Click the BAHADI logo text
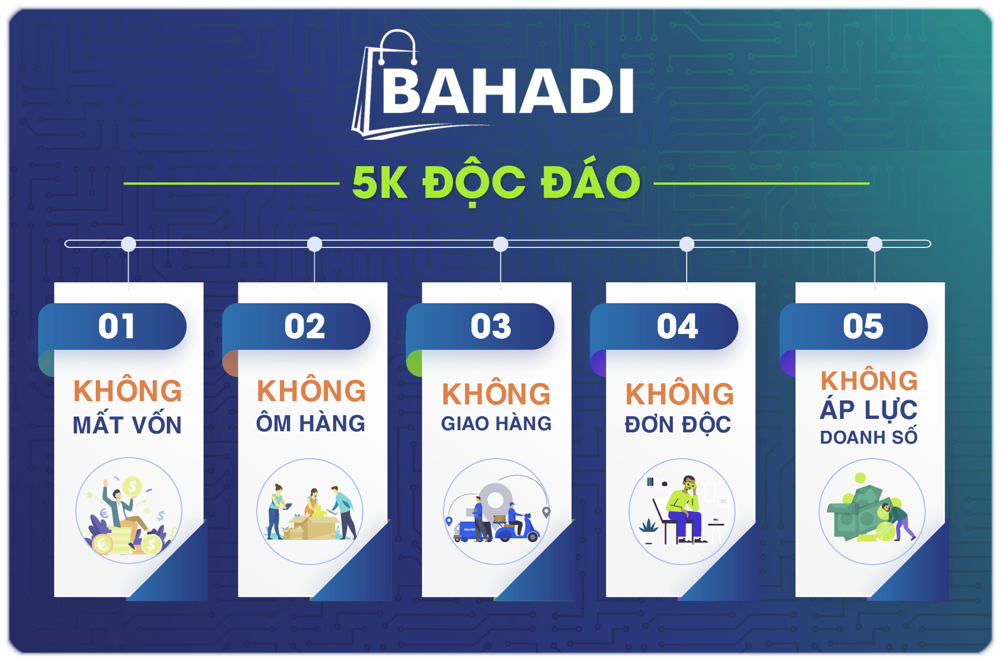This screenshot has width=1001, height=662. (x=507, y=91)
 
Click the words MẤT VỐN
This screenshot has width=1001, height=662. (x=128, y=424)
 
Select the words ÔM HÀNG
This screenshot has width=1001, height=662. (x=311, y=423)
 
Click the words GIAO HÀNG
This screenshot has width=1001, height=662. (x=496, y=424)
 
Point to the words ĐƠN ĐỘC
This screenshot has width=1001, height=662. (x=678, y=425)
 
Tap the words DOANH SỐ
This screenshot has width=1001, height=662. (x=869, y=436)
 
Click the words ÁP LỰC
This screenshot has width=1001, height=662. (x=869, y=410)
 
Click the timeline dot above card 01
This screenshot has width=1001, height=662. (x=129, y=244)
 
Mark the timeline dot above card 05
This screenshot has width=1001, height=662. (x=875, y=244)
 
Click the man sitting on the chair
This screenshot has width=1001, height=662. (x=684, y=509)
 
